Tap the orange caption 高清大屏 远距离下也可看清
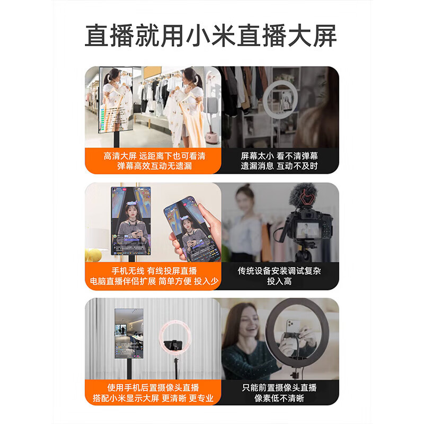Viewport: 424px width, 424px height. pyautogui.click(x=154, y=156)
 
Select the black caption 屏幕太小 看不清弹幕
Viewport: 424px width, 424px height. pyautogui.click(x=279, y=156)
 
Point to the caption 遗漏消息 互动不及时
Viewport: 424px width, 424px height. pyautogui.click(x=279, y=166)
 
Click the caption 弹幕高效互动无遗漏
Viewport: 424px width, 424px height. pyautogui.click(x=154, y=166)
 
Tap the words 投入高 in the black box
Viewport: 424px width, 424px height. pyautogui.click(x=279, y=281)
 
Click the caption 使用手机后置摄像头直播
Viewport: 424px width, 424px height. pyautogui.click(x=153, y=387)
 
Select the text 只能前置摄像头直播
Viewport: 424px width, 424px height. pyautogui.click(x=279, y=387)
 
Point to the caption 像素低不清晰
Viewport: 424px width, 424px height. pyautogui.click(x=279, y=398)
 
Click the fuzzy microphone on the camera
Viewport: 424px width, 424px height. pyautogui.click(x=303, y=196)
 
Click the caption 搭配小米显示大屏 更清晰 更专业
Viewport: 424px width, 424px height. pyautogui.click(x=153, y=398)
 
